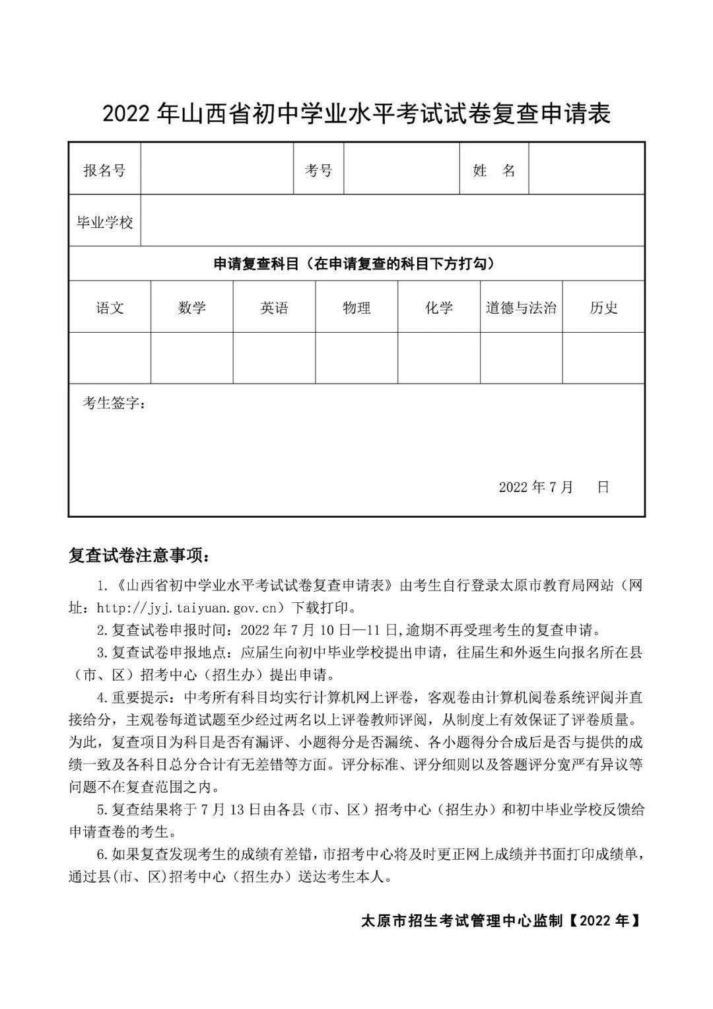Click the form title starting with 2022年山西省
pos(356,114)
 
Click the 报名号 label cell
pos(104,170)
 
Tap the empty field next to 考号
pos(401,170)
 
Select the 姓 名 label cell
pos(494,170)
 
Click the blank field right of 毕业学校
pos(392,221)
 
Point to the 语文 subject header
pos(110,307)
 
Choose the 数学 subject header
pos(192,307)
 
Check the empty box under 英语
pos(274,358)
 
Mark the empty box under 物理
pos(356,358)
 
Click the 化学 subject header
pos(439,307)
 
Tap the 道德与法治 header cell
pos(521,307)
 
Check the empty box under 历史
pos(603,358)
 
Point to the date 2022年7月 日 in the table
pos(553,487)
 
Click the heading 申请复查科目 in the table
pos(354,263)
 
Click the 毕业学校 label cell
pos(105,221)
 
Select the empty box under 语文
pos(110,358)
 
